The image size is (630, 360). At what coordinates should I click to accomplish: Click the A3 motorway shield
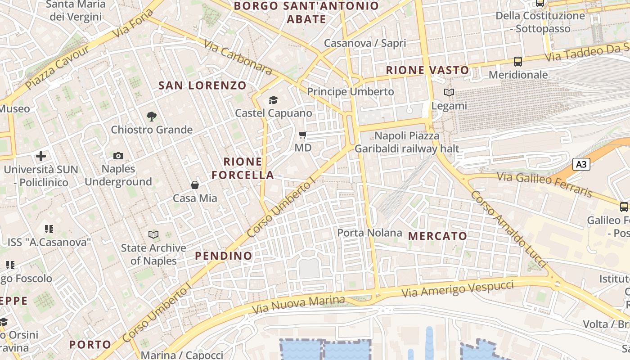pyautogui.click(x=581, y=164)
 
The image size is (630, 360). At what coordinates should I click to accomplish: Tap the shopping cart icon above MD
pyautogui.click(x=303, y=135)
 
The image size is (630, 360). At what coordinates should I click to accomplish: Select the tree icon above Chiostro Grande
pyautogui.click(x=152, y=117)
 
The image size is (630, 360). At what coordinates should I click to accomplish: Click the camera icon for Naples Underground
pyautogui.click(x=118, y=156)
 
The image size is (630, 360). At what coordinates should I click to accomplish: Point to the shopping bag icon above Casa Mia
pyautogui.click(x=195, y=184)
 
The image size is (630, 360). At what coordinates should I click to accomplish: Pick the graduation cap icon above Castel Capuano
pyautogui.click(x=273, y=100)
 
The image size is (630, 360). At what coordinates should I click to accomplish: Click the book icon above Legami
pyautogui.click(x=449, y=92)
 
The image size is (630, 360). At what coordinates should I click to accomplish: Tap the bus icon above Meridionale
pyautogui.click(x=518, y=61)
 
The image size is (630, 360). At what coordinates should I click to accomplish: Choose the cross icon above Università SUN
pyautogui.click(x=41, y=156)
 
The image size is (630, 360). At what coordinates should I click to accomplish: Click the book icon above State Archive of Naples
pyautogui.click(x=153, y=234)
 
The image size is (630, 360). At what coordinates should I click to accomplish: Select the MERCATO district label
pyautogui.click(x=437, y=236)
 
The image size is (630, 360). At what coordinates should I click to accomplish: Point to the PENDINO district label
pyautogui.click(x=224, y=256)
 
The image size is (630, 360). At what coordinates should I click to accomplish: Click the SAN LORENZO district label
pyautogui.click(x=202, y=85)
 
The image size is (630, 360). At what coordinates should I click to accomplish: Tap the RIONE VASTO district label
pyautogui.click(x=427, y=70)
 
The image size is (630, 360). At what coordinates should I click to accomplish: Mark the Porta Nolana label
pyautogui.click(x=369, y=233)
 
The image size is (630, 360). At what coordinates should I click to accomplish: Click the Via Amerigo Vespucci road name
pyautogui.click(x=458, y=288)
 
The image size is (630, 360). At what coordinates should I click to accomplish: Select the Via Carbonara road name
pyautogui.click(x=238, y=57)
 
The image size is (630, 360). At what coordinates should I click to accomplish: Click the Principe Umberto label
pyautogui.click(x=350, y=92)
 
